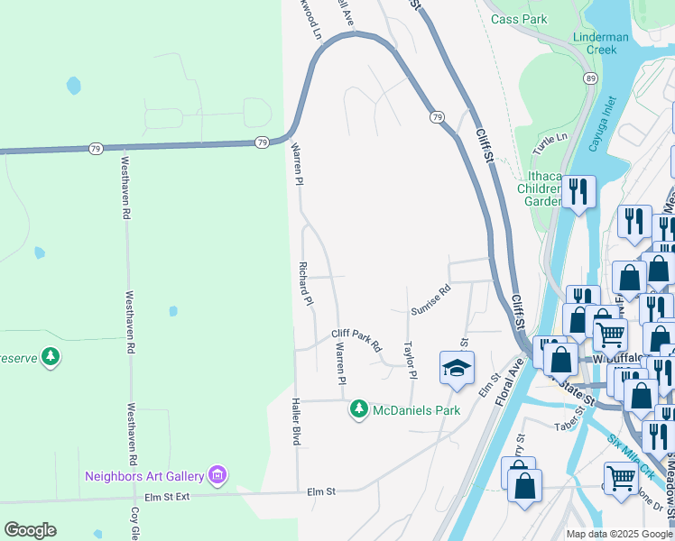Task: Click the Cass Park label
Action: pyautogui.click(x=519, y=18)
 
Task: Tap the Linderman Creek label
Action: pyautogui.click(x=595, y=43)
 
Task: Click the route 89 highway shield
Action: pyautogui.click(x=589, y=79)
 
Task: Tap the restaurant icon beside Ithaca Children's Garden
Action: pyautogui.click(x=578, y=192)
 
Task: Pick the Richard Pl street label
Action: pyautogui.click(x=306, y=284)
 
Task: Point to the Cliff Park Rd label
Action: pyautogui.click(x=356, y=340)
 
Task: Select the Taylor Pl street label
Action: pyautogui.click(x=410, y=360)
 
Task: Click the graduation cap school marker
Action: pyautogui.click(x=457, y=367)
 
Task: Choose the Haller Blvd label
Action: pyautogui.click(x=294, y=422)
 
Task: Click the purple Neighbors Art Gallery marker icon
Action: pyautogui.click(x=217, y=474)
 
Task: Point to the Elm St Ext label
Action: pyautogui.click(x=167, y=497)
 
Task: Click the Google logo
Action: pyautogui.click(x=30, y=530)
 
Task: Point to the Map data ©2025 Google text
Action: pyautogui.click(x=619, y=534)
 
